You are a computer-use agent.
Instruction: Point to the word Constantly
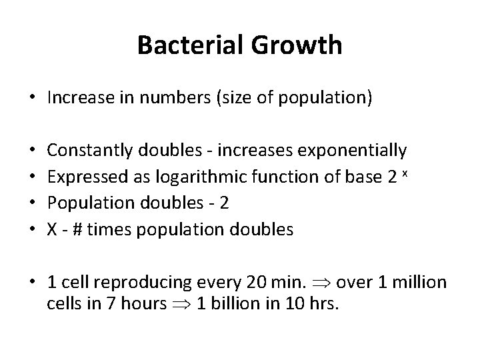tap(90, 151)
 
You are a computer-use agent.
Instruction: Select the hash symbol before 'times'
tap(77, 229)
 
